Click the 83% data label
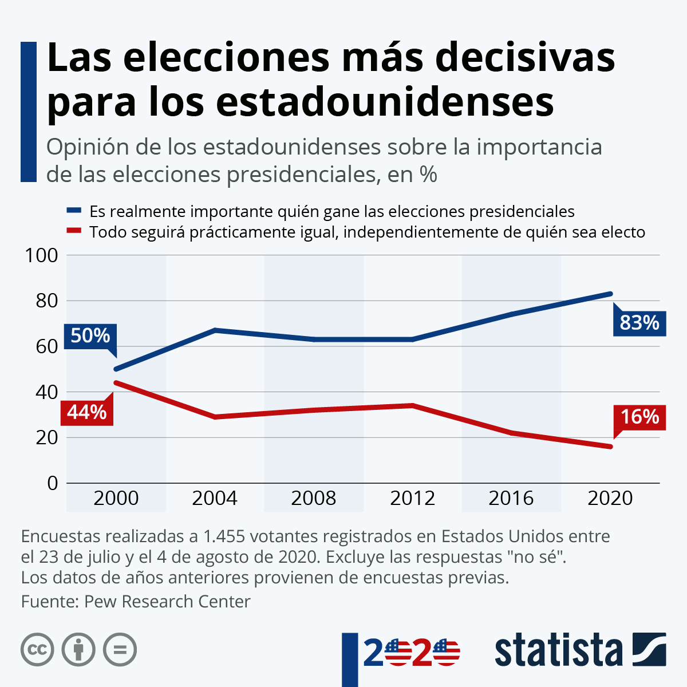[x=639, y=323]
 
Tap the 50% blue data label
[x=90, y=335]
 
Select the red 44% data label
[x=87, y=412]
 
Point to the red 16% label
[x=639, y=417]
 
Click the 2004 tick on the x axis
[x=215, y=498]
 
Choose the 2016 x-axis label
[x=511, y=498]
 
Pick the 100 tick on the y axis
[x=42, y=255]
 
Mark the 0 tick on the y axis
[x=53, y=483]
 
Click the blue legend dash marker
[x=74, y=211]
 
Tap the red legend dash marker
[x=74, y=232]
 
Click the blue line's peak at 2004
[x=215, y=330]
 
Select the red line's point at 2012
[x=412, y=405]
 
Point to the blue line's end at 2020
[x=610, y=294]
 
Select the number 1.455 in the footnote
[x=224, y=536]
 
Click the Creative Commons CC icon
[x=37, y=650]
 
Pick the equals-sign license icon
[x=120, y=650]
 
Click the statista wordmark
[x=558, y=650]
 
